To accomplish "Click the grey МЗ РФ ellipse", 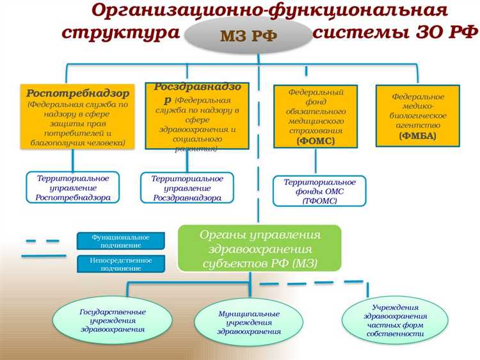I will [248, 35].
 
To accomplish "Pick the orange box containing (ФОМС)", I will [316, 117].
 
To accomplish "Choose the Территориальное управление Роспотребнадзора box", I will [73, 188].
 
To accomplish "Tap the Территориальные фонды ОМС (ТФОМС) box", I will [319, 191].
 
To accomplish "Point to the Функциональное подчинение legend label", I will [120, 241].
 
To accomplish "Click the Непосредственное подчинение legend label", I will [120, 264].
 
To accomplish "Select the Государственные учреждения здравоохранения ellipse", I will [113, 320].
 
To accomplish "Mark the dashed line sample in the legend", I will [42, 241].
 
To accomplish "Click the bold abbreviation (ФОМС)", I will [316, 141].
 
